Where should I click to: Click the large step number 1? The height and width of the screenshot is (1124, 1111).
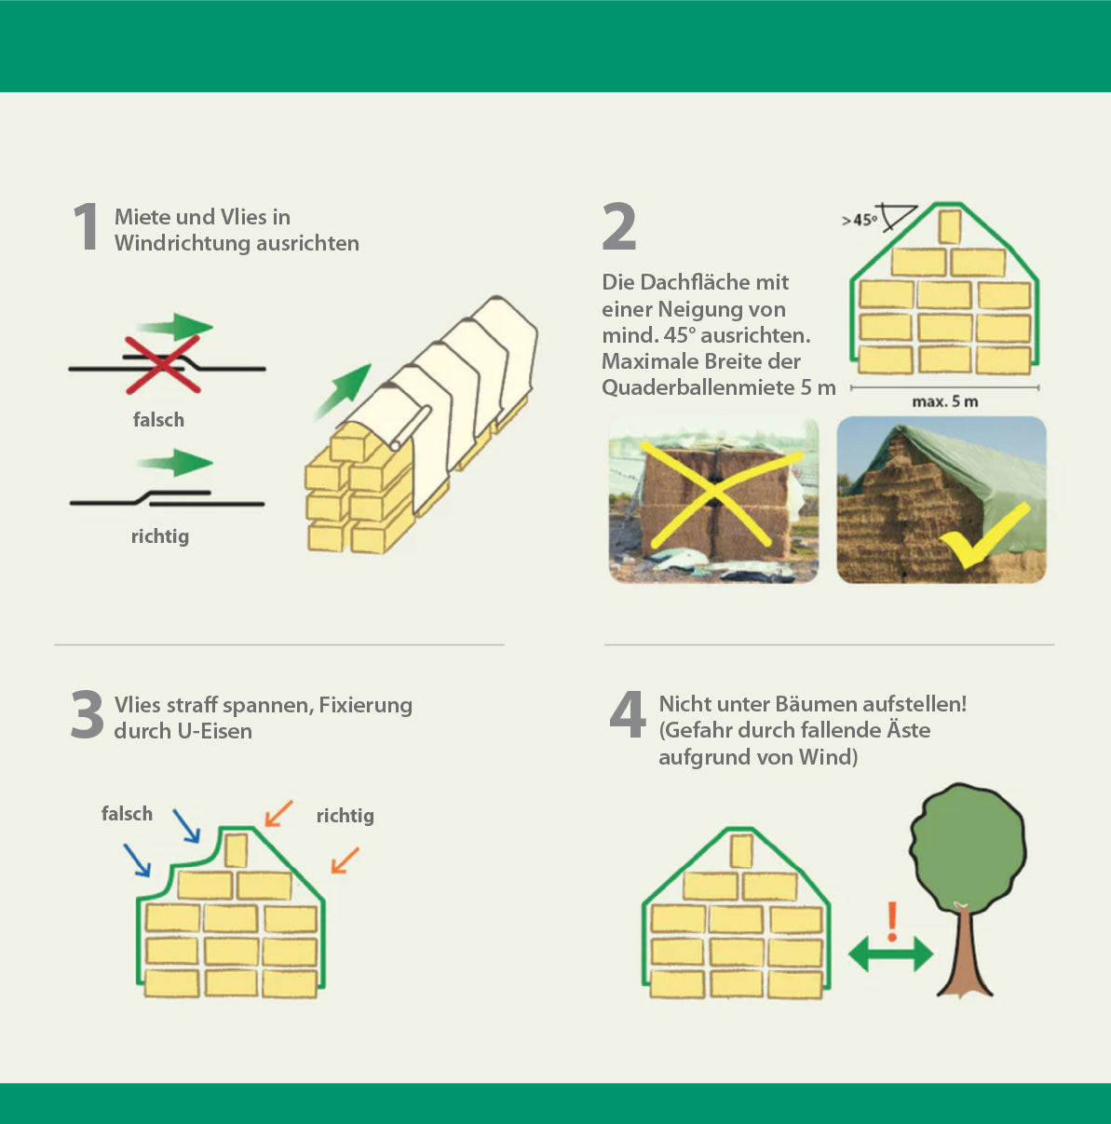point(87,226)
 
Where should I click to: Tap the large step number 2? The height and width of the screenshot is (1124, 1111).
point(619,226)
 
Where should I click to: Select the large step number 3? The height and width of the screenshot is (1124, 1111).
point(87,714)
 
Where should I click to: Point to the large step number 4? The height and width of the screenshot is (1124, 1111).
point(628,714)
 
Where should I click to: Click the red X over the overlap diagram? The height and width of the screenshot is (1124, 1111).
point(162,364)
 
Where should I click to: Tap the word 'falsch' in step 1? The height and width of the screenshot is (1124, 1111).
point(158,420)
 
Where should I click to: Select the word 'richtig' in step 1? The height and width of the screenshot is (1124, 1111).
point(160,536)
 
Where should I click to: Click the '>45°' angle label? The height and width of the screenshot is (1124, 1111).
point(860,221)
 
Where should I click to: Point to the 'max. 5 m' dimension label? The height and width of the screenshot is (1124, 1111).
point(945,401)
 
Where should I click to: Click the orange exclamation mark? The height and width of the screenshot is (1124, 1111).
point(891,922)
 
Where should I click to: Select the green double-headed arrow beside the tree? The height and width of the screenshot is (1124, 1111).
point(891,955)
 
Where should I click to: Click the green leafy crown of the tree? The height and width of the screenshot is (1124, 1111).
point(968,844)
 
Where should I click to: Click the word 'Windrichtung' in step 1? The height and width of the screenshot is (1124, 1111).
point(183,244)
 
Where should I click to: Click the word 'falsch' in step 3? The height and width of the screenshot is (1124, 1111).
point(128,814)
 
